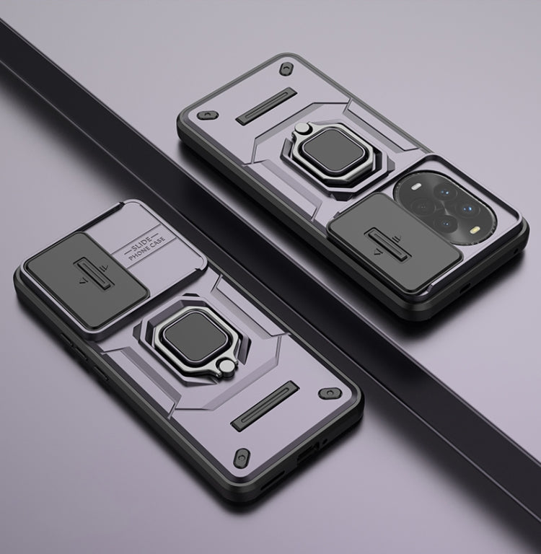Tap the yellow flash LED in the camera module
coord(473,232)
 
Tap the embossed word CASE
coord(157,242)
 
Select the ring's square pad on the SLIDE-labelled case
coord(192,333)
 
